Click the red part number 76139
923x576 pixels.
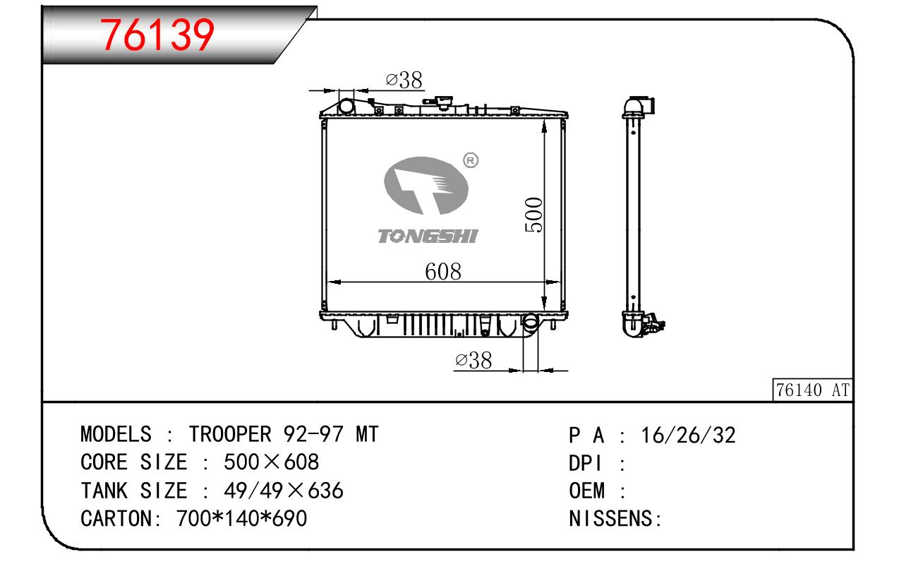pos(157,35)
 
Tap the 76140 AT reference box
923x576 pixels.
pos(812,390)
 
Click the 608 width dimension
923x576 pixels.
pos(443,272)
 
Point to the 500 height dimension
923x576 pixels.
pos(534,215)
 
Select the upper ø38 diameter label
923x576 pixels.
pos(404,80)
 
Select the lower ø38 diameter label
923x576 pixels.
pos(473,361)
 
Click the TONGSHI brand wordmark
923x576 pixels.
pos(428,236)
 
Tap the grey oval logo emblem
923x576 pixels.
pos(426,186)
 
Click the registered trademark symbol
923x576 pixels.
pos(471,160)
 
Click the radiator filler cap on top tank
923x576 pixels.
pos(440,102)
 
